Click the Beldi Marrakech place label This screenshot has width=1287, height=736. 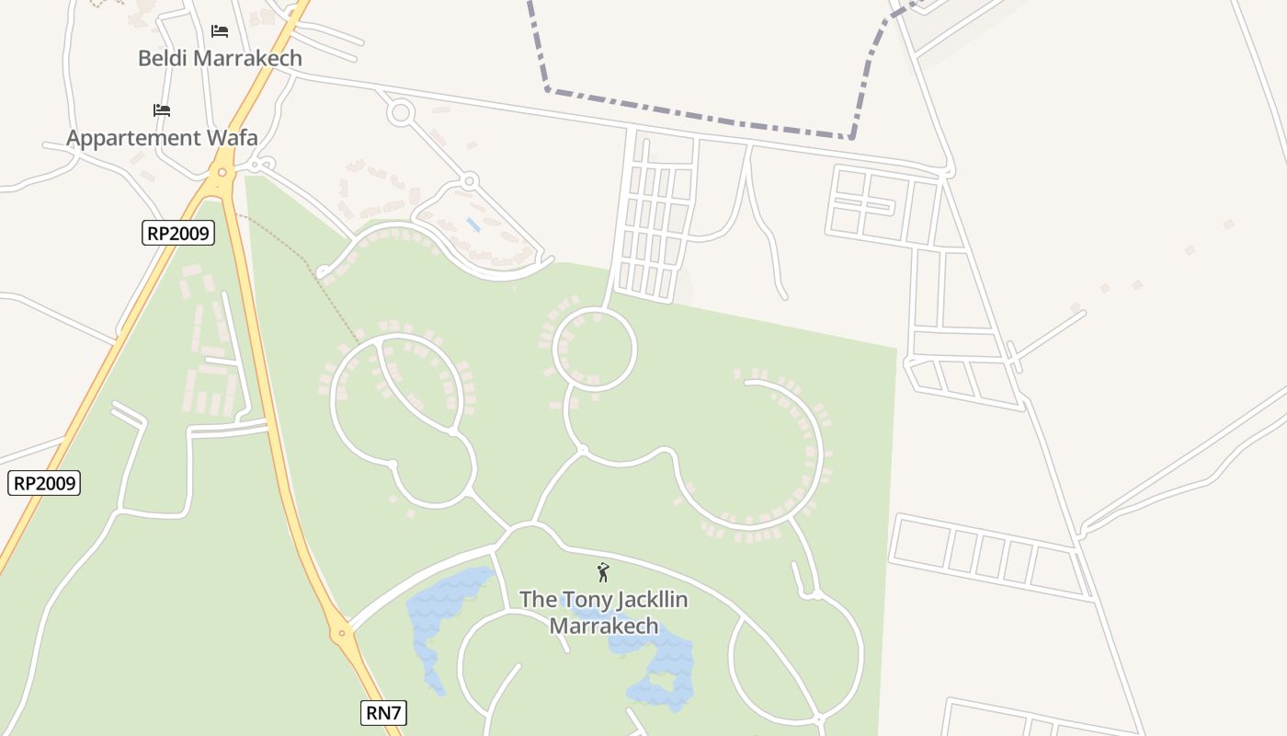(x=220, y=58)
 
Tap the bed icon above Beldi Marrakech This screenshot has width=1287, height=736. (x=219, y=31)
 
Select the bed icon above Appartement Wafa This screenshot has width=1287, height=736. (x=162, y=110)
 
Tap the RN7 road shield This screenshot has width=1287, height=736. (x=382, y=713)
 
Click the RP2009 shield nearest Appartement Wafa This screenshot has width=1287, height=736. (x=178, y=233)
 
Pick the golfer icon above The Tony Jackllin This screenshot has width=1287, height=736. (x=603, y=573)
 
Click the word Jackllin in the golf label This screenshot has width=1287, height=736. (x=643, y=600)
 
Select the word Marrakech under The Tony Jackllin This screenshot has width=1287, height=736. (x=603, y=627)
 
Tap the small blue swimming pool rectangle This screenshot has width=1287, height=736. (x=473, y=224)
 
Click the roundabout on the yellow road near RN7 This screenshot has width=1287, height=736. (x=341, y=633)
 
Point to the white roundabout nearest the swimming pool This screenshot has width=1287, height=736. (x=469, y=180)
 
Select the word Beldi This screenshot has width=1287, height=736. (x=162, y=58)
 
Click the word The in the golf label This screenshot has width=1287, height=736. (x=539, y=600)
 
